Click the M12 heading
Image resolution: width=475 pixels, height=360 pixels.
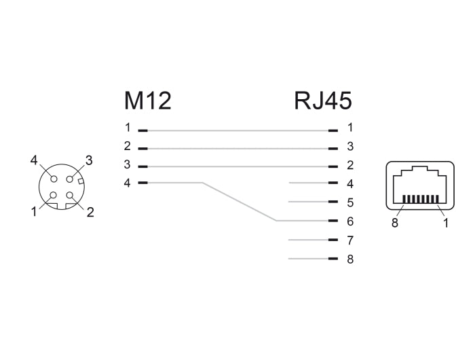147,101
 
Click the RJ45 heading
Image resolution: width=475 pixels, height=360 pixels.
323,101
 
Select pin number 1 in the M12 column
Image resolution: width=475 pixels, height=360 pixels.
127,127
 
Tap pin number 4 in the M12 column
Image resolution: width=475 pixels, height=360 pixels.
127,183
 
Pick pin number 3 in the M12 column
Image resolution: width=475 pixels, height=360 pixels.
127,164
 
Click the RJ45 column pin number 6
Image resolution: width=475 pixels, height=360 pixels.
350,221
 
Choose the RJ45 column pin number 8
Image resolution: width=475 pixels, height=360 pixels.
350,259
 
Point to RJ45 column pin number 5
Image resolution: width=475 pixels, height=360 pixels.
350,202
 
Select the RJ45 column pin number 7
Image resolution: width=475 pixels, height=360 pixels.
350,240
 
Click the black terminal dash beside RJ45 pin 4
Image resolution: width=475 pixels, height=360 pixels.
332,183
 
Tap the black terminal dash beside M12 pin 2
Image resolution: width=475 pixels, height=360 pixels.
142,147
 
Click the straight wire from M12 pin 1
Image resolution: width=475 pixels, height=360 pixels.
237,129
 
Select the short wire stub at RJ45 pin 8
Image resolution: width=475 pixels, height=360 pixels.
307,259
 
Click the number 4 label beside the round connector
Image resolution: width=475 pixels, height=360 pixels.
33,161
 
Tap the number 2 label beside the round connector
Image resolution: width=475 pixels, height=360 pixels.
90,211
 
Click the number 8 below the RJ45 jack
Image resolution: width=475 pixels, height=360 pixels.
394,223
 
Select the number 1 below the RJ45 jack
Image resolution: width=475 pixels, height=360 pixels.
446,223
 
